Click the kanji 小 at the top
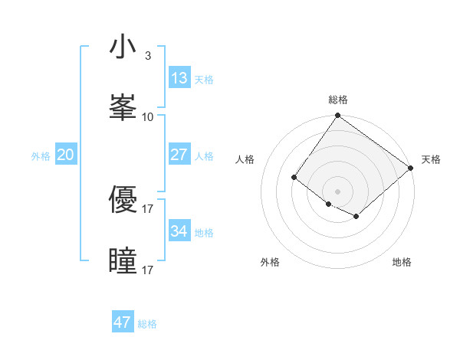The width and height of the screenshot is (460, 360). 123,48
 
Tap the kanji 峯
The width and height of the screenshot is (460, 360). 123,108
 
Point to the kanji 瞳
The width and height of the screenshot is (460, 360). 123,261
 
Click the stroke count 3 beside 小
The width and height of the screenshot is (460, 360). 147,56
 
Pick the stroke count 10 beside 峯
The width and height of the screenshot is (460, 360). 147,116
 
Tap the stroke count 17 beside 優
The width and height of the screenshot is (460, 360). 147,208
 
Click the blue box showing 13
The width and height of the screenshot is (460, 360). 179,78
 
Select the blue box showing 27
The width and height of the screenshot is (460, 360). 179,155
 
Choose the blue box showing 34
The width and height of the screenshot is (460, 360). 179,231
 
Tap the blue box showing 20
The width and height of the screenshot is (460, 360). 65,155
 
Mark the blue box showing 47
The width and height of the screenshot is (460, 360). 122,322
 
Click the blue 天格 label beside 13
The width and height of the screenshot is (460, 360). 203,80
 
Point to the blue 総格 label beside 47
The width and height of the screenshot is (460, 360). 147,324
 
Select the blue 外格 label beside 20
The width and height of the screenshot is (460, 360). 41,156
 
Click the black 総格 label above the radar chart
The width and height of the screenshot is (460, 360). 338,100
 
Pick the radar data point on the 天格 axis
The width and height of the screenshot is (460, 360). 411,168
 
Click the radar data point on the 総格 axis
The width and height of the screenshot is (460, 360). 337,116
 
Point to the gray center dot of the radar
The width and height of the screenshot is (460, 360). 337,191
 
